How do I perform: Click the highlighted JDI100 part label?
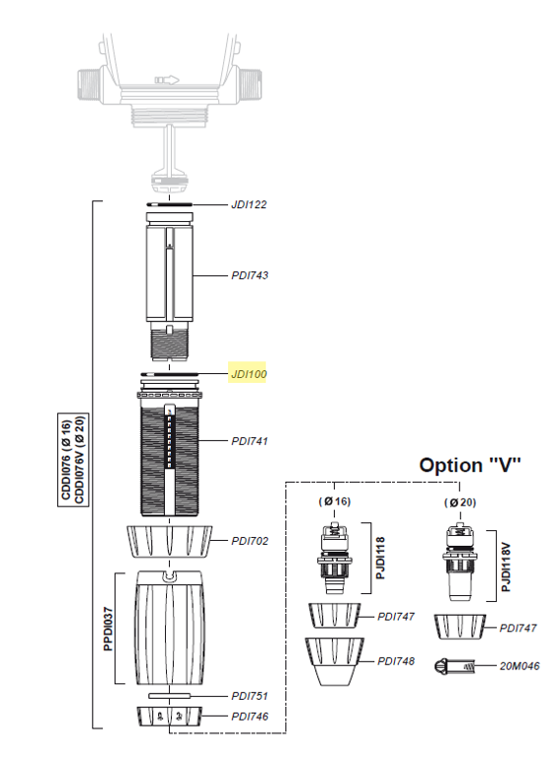click(x=249, y=374)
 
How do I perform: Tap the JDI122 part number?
click(x=249, y=204)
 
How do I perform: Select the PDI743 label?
click(x=250, y=275)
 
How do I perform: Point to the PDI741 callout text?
click(x=250, y=441)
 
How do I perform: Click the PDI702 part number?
click(x=250, y=541)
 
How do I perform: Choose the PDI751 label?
click(x=250, y=696)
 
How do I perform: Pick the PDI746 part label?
click(x=250, y=717)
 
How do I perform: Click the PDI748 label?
click(x=396, y=661)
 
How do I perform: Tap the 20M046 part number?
click(x=519, y=666)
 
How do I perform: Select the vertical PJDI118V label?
click(x=506, y=567)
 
